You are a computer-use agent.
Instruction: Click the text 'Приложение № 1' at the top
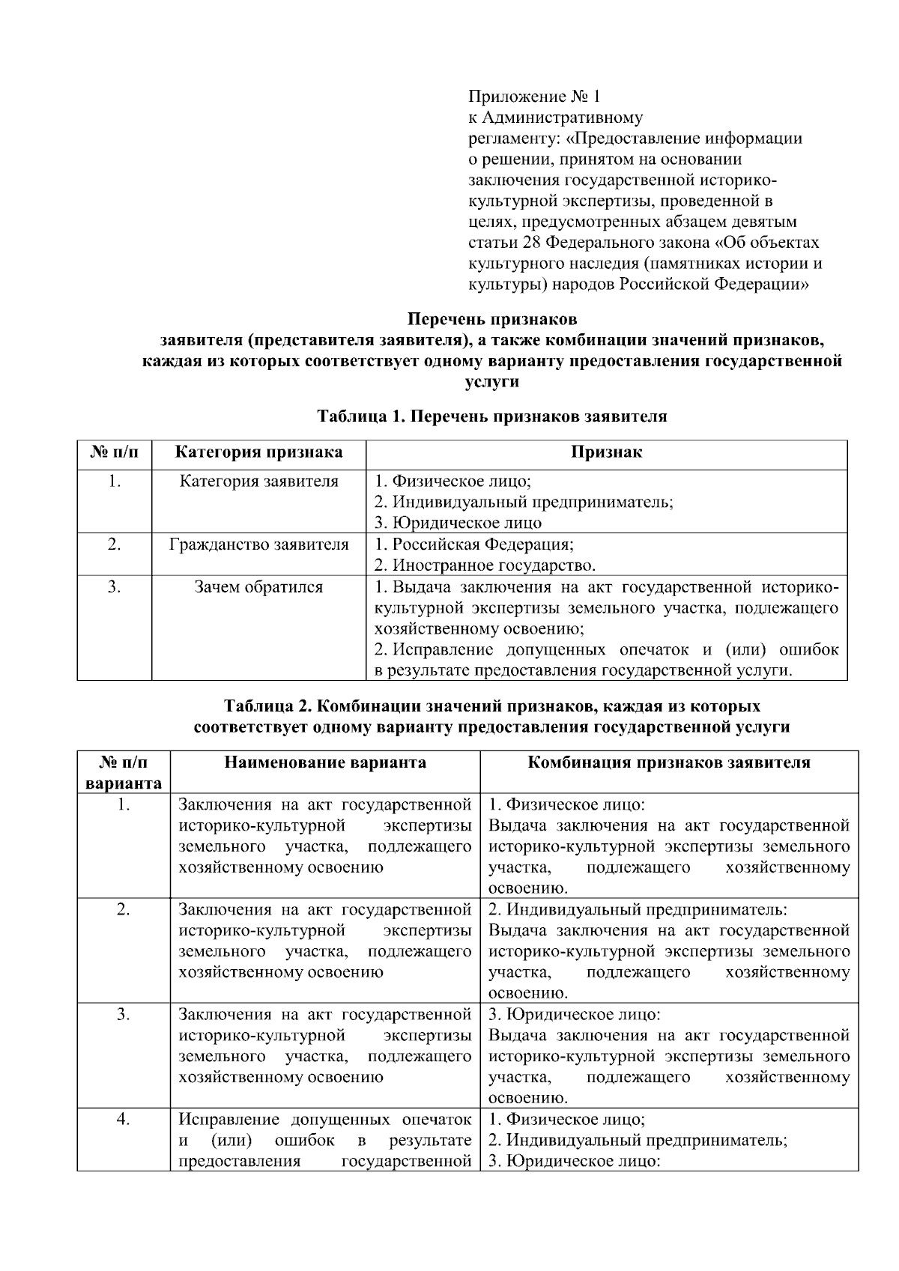click(534, 97)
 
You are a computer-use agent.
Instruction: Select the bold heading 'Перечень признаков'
click(491, 319)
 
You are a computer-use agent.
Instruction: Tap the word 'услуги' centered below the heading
click(491, 382)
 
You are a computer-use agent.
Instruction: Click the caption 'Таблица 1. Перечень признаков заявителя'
click(491, 416)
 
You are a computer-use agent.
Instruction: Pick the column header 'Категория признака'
click(258, 452)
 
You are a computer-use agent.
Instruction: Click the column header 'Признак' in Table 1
click(606, 452)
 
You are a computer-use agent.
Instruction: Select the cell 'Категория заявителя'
click(258, 481)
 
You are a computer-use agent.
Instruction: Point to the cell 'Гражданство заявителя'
click(258, 545)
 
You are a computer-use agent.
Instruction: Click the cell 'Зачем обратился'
click(258, 587)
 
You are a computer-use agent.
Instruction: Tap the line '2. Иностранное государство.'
click(485, 565)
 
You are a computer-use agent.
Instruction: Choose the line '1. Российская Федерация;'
click(473, 545)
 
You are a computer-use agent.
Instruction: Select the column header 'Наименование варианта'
click(325, 762)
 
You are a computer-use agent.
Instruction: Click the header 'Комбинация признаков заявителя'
click(669, 762)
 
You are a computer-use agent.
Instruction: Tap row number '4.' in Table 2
click(124, 1120)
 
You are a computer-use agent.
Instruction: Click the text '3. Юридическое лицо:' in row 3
click(575, 1015)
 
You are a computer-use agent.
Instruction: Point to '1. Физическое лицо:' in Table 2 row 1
click(566, 805)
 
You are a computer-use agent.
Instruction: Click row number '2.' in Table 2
click(124, 910)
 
